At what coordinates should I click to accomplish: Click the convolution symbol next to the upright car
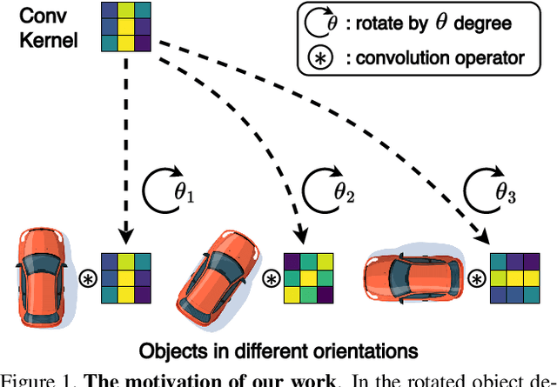pos(89,278)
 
